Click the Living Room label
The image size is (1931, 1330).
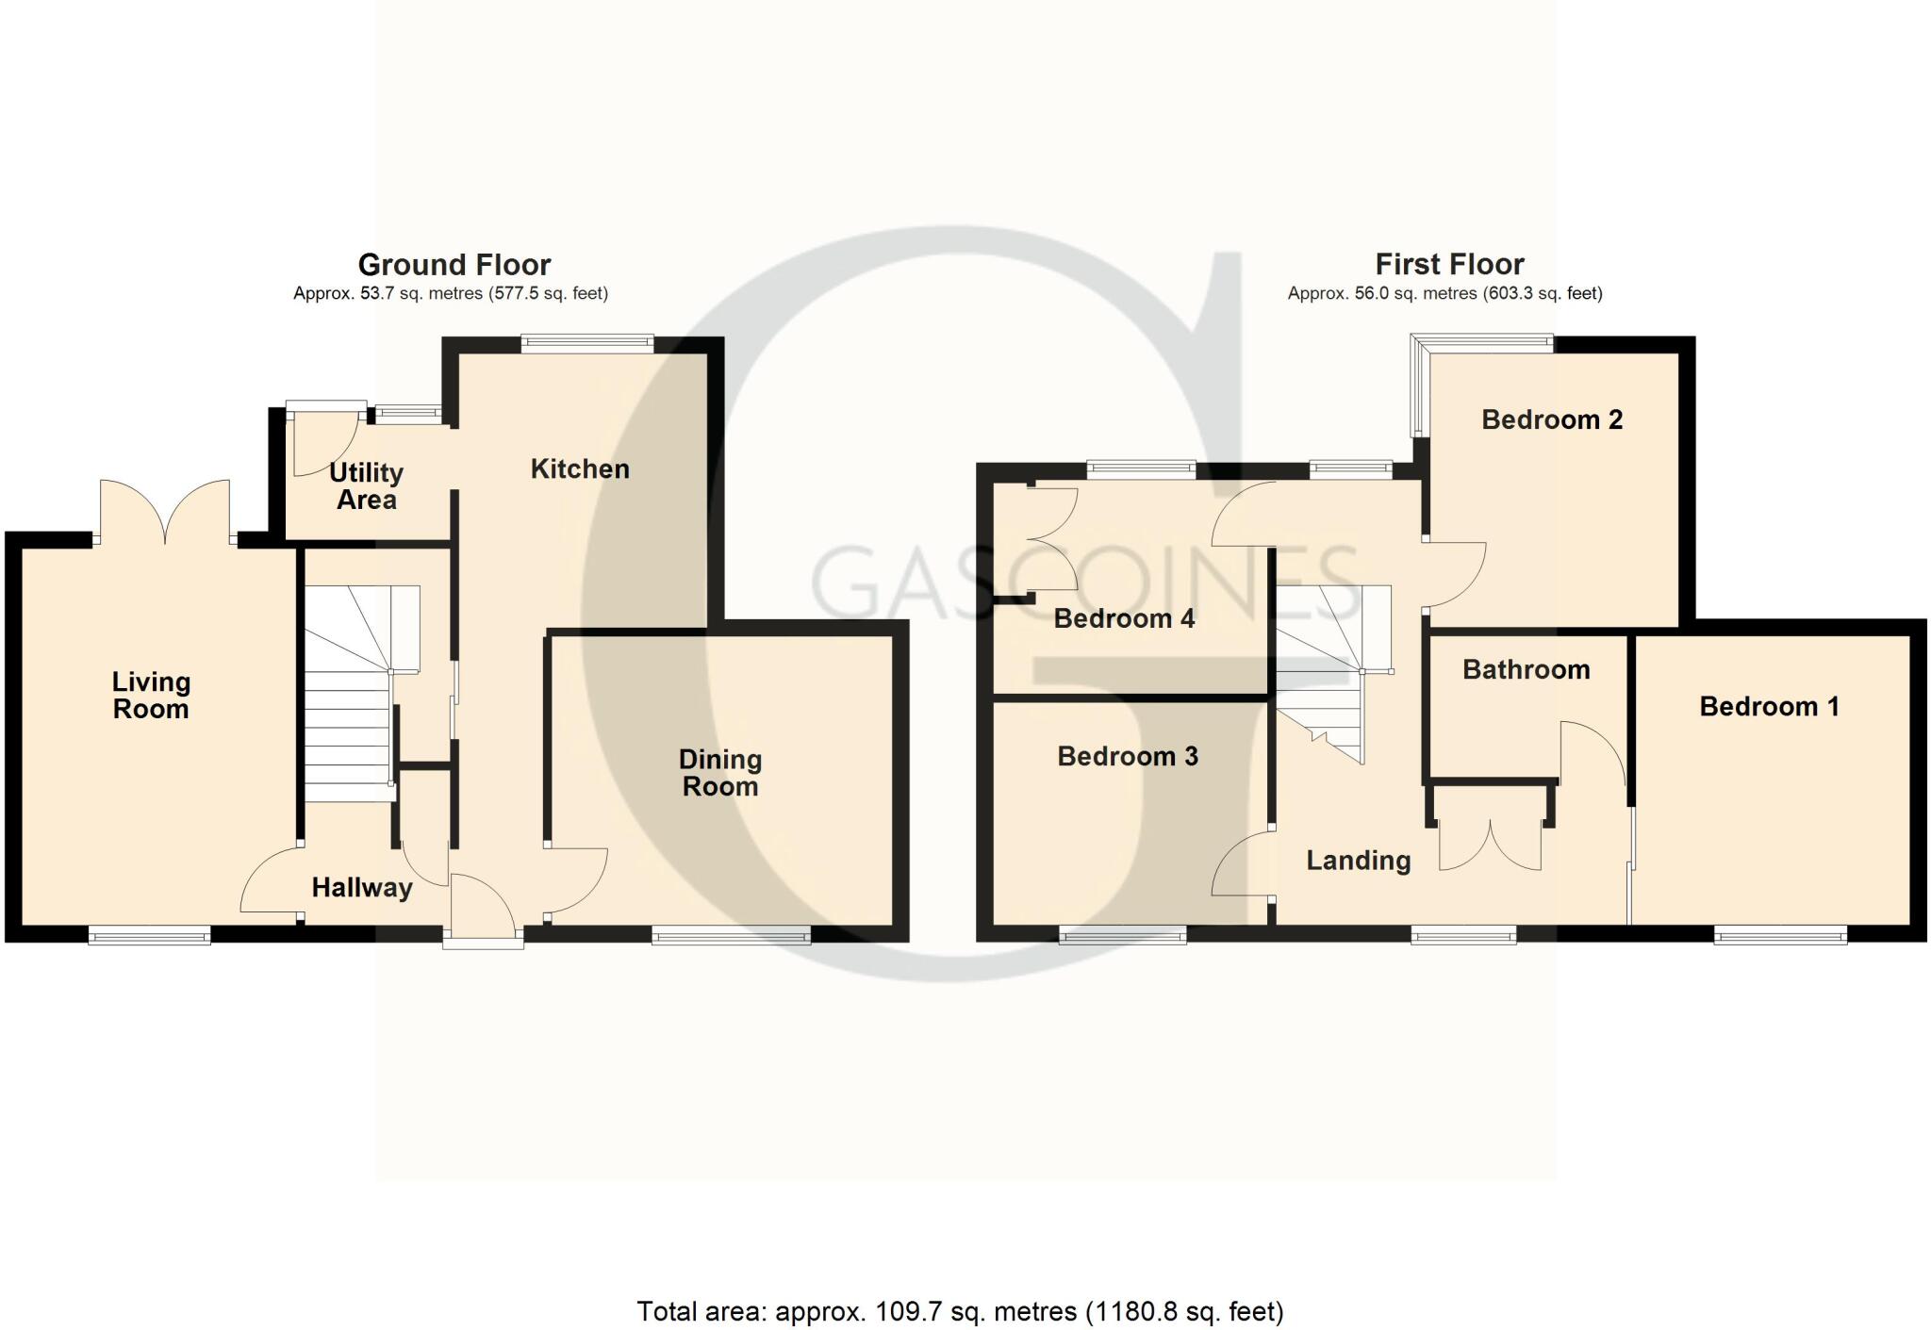click(x=151, y=695)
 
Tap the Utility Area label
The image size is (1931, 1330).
click(x=366, y=485)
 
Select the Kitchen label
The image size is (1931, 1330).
click(x=580, y=468)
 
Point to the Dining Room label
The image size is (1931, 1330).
click(x=720, y=772)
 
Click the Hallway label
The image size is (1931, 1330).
click(x=362, y=887)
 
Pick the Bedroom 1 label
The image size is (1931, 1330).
click(x=1769, y=706)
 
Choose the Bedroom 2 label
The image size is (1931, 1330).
click(x=1552, y=419)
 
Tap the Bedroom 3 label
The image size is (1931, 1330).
click(x=1128, y=756)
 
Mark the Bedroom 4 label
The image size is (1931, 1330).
click(x=1124, y=618)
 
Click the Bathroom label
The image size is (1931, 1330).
click(x=1526, y=669)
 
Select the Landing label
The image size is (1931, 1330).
click(x=1358, y=860)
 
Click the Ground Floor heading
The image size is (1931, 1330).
click(x=454, y=264)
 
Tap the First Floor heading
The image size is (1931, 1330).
click(x=1449, y=264)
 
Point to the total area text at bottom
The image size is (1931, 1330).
click(x=960, y=1311)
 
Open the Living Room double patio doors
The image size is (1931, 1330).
click(x=165, y=514)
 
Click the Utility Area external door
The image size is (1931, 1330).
click(x=325, y=438)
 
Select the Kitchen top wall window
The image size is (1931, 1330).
click(x=587, y=344)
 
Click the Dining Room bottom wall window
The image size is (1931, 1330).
click(x=731, y=934)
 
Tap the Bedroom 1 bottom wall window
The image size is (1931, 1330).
click(x=1780, y=934)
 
